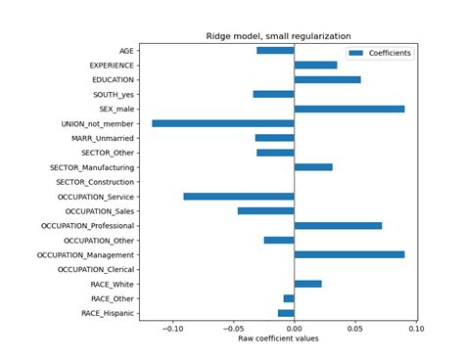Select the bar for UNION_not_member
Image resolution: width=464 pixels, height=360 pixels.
click(x=223, y=123)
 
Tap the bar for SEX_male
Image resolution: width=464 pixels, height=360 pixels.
click(x=348, y=109)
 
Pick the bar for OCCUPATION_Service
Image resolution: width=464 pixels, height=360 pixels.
click(x=239, y=196)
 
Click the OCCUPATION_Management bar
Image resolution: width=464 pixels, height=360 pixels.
click(x=348, y=254)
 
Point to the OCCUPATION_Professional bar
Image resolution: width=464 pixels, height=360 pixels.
click(x=338, y=225)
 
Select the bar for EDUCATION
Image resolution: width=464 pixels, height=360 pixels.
click(x=327, y=79)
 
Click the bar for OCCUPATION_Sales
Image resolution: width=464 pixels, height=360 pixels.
click(x=265, y=210)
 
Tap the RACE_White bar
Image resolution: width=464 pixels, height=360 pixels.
click(x=307, y=284)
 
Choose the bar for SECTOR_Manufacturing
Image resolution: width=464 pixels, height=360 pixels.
click(x=313, y=167)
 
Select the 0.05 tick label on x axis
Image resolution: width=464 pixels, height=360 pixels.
click(x=355, y=329)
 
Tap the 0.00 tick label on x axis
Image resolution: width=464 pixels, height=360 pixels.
click(x=295, y=329)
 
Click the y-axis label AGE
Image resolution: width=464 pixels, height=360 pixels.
click(x=126, y=51)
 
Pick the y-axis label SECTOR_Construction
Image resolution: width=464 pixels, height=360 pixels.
click(x=96, y=182)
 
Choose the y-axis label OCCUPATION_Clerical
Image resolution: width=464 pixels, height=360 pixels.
click(x=97, y=269)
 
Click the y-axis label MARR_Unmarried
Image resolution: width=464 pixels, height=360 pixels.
click(x=102, y=138)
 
